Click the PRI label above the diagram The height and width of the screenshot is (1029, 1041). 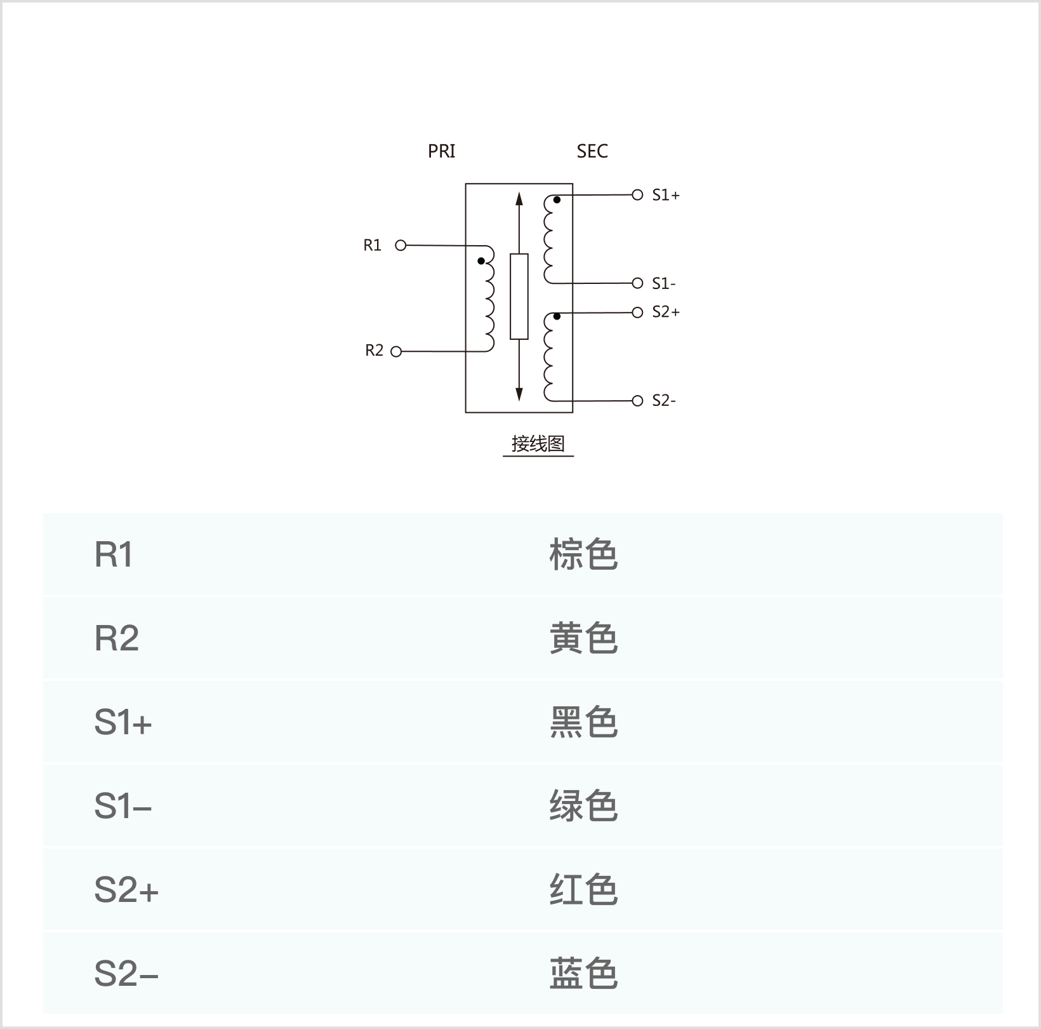[441, 151]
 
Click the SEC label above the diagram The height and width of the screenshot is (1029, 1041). [592, 151]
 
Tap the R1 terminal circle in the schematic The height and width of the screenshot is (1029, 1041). [401, 245]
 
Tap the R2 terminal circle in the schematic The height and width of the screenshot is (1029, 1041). [396, 351]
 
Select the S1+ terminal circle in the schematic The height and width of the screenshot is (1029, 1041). [638, 195]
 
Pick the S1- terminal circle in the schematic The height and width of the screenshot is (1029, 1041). [638, 283]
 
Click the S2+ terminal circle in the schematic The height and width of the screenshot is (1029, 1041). [638, 313]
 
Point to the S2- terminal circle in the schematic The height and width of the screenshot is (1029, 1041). [638, 401]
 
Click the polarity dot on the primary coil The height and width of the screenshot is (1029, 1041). [481, 260]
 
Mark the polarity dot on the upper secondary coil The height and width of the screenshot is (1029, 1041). [557, 200]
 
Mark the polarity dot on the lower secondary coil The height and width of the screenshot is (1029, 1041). [557, 316]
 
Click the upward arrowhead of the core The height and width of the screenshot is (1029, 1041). [519, 199]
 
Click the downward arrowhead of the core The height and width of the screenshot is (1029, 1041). [519, 394]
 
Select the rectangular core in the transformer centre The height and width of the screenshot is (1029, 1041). [519, 297]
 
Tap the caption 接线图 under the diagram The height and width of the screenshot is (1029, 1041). [538, 443]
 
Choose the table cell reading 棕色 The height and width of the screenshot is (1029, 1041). [583, 555]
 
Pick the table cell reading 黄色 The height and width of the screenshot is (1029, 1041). [583, 638]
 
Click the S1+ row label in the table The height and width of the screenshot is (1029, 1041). [123, 722]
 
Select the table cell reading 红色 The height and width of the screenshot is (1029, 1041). [583, 890]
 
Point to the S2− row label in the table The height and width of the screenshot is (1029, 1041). [126, 974]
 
